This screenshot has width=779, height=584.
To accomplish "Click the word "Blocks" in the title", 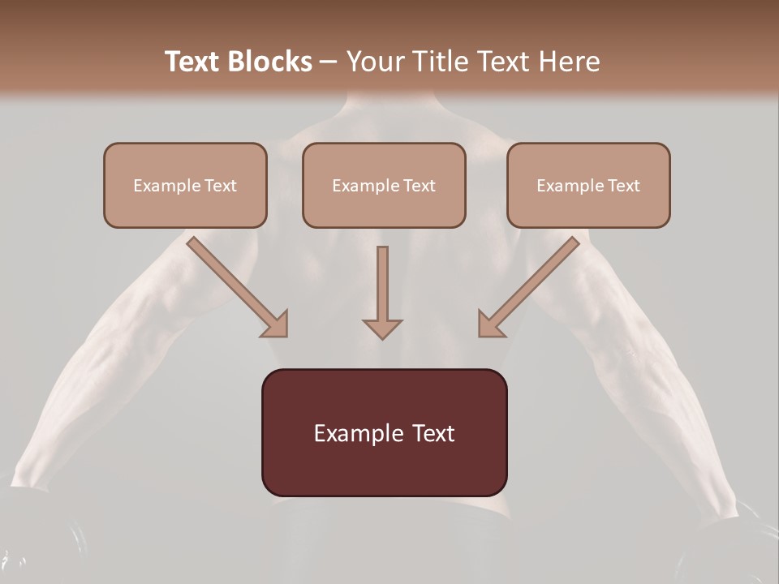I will click(272, 62).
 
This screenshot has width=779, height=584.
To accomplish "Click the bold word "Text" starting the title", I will click(196, 62).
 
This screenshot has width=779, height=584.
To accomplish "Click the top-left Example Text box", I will click(185, 185).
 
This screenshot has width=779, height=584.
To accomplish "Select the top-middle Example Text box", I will click(384, 185).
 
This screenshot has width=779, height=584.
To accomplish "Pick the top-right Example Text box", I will click(588, 185).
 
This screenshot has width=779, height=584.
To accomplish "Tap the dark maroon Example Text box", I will click(384, 432).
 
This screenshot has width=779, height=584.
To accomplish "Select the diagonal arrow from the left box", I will click(235, 285).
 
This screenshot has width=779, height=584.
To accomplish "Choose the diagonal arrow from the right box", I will click(532, 285).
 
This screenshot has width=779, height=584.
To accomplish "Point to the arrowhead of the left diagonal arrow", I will click(276, 324).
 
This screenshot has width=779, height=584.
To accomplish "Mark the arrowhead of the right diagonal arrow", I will click(490, 324).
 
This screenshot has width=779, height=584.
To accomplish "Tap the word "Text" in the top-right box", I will click(624, 186).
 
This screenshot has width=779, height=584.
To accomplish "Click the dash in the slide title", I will click(328, 62).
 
